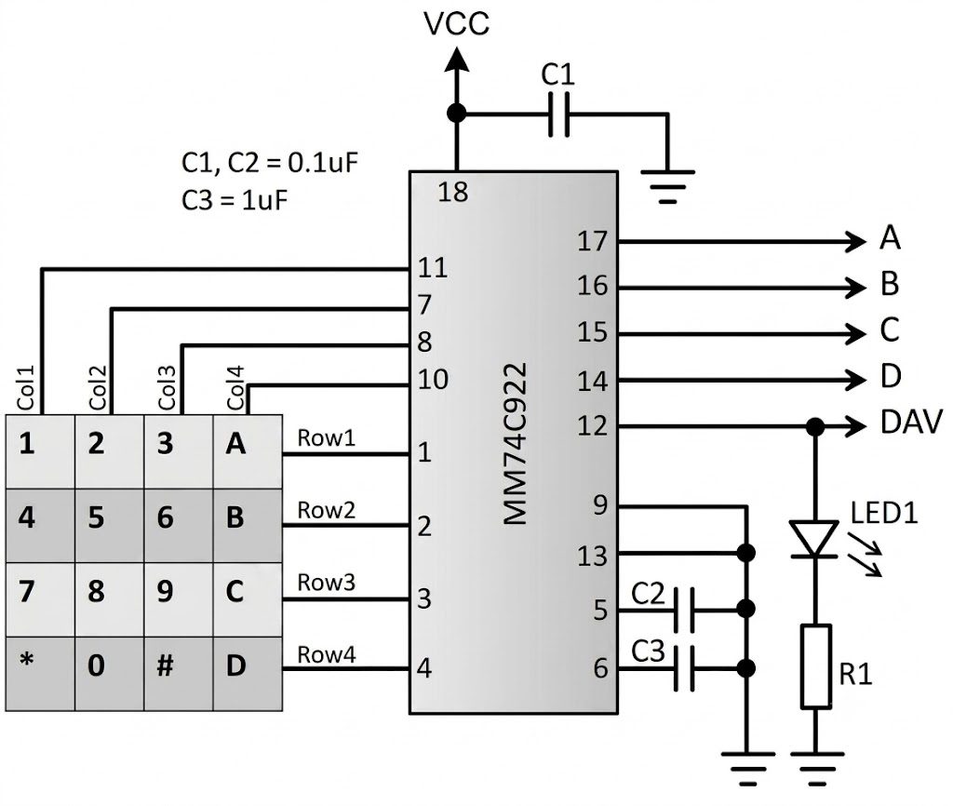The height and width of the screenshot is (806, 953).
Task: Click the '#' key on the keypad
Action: tap(179, 674)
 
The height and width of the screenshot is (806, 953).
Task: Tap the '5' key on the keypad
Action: tap(110, 526)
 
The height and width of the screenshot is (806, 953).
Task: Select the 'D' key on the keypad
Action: tap(248, 674)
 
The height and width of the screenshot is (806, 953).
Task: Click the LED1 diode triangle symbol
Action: tap(814, 539)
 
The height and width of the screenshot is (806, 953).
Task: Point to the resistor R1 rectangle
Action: tap(815, 666)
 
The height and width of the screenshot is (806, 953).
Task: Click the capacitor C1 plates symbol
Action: tap(559, 114)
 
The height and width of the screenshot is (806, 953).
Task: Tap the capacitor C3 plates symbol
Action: tap(685, 668)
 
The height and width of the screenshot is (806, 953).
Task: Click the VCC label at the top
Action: tap(456, 24)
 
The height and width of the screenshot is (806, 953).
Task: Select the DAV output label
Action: tap(911, 423)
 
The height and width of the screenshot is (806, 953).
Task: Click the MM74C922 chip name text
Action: tap(516, 444)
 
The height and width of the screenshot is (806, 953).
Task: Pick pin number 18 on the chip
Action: tap(453, 193)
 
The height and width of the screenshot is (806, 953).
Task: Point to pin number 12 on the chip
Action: tap(593, 426)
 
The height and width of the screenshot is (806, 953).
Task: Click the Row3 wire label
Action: tap(327, 583)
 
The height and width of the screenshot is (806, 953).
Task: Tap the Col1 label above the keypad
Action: tap(26, 388)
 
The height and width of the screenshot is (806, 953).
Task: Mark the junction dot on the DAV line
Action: tap(815, 426)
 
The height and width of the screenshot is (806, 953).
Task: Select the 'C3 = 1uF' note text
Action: tap(235, 200)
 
